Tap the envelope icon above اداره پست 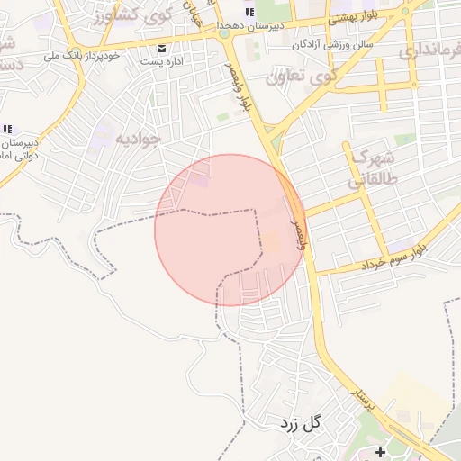(x=161, y=48)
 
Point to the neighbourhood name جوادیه (x=138, y=138)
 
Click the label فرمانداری (x=432, y=51)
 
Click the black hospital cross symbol (x=380, y=450)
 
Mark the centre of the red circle (x=230, y=230)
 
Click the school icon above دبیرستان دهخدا (x=249, y=12)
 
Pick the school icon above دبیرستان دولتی (x=8, y=128)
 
